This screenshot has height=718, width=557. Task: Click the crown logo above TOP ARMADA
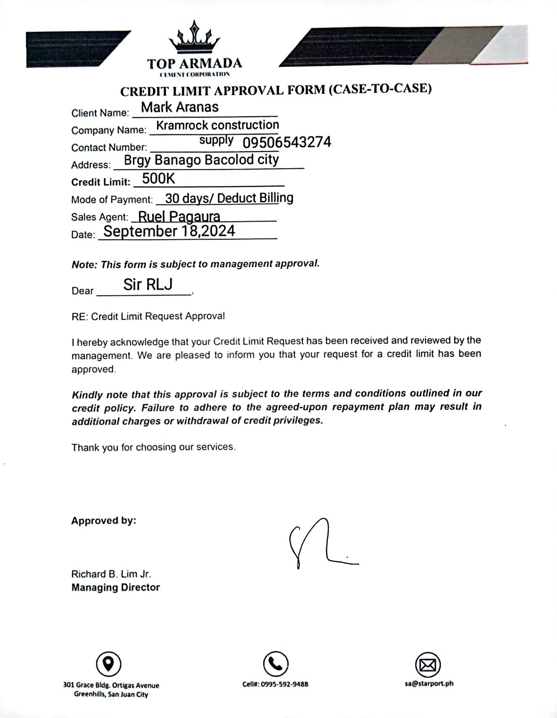[x=194, y=38]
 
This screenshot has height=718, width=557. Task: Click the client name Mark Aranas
[x=180, y=107]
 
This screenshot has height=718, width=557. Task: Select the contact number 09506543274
[x=287, y=142]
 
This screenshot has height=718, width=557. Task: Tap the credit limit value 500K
[x=158, y=179]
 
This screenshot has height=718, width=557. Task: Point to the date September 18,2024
[x=169, y=231]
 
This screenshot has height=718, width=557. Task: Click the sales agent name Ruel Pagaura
[x=179, y=217]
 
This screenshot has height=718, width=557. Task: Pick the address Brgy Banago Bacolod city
[x=201, y=160]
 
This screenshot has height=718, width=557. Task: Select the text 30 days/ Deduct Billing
[x=229, y=198]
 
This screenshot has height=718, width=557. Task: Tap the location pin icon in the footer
[x=109, y=663]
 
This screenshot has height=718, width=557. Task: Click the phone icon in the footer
[x=275, y=664]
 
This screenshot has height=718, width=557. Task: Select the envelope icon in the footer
[x=428, y=665]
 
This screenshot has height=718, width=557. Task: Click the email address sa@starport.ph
[x=428, y=683]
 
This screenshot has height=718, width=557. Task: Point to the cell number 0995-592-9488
[x=275, y=684]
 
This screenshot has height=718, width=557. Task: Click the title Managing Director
[x=115, y=587]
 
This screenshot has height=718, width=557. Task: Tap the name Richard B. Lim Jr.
[x=111, y=574]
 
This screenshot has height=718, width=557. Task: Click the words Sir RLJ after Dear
[x=148, y=285]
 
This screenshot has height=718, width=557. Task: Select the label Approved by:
[x=104, y=521]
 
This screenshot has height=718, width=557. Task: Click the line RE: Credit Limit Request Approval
[x=148, y=316]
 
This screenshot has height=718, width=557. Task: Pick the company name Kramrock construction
[x=218, y=125]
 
